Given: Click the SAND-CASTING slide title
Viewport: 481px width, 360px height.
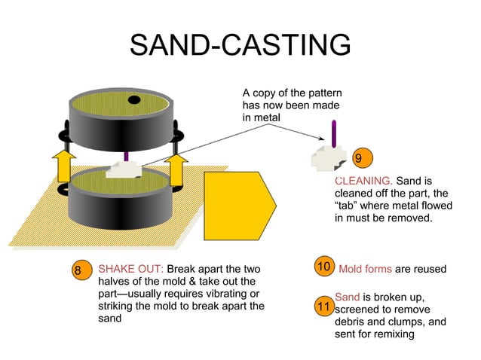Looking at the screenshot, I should [x=240, y=45].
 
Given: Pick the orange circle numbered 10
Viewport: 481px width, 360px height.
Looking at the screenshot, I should [x=323, y=268].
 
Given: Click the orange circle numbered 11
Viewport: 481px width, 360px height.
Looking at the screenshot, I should [x=323, y=307].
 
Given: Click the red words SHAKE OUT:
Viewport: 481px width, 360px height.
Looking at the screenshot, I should [x=130, y=270].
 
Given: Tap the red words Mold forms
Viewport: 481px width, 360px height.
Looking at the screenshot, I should [x=365, y=269].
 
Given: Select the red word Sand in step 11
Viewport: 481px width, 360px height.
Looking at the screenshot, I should [x=347, y=297].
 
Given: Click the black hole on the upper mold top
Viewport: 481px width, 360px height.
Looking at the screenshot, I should [x=133, y=100].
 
